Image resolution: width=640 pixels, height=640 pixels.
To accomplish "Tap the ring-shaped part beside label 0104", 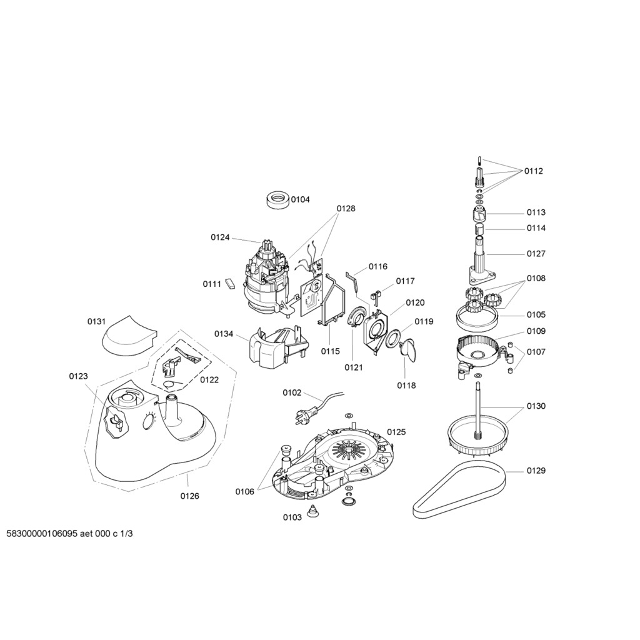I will coord(276,199).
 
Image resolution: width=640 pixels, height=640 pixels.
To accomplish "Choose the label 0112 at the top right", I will coord(534,171).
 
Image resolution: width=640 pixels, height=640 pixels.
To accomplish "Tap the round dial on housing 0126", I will coord(149,422).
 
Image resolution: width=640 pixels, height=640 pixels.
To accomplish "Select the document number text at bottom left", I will coord(69,534).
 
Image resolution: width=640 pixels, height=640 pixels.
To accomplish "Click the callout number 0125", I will coord(396,432).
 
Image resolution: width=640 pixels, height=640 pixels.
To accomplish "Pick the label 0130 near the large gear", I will coord(536,406).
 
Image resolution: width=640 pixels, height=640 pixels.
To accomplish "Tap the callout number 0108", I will coord(536,278).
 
